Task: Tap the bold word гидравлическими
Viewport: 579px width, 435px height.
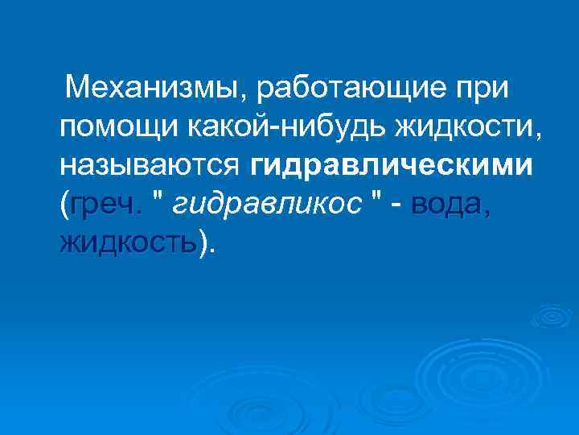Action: pos(391,165)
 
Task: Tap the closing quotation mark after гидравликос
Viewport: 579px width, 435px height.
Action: pos(375,198)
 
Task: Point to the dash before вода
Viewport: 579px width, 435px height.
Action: pos(396,206)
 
